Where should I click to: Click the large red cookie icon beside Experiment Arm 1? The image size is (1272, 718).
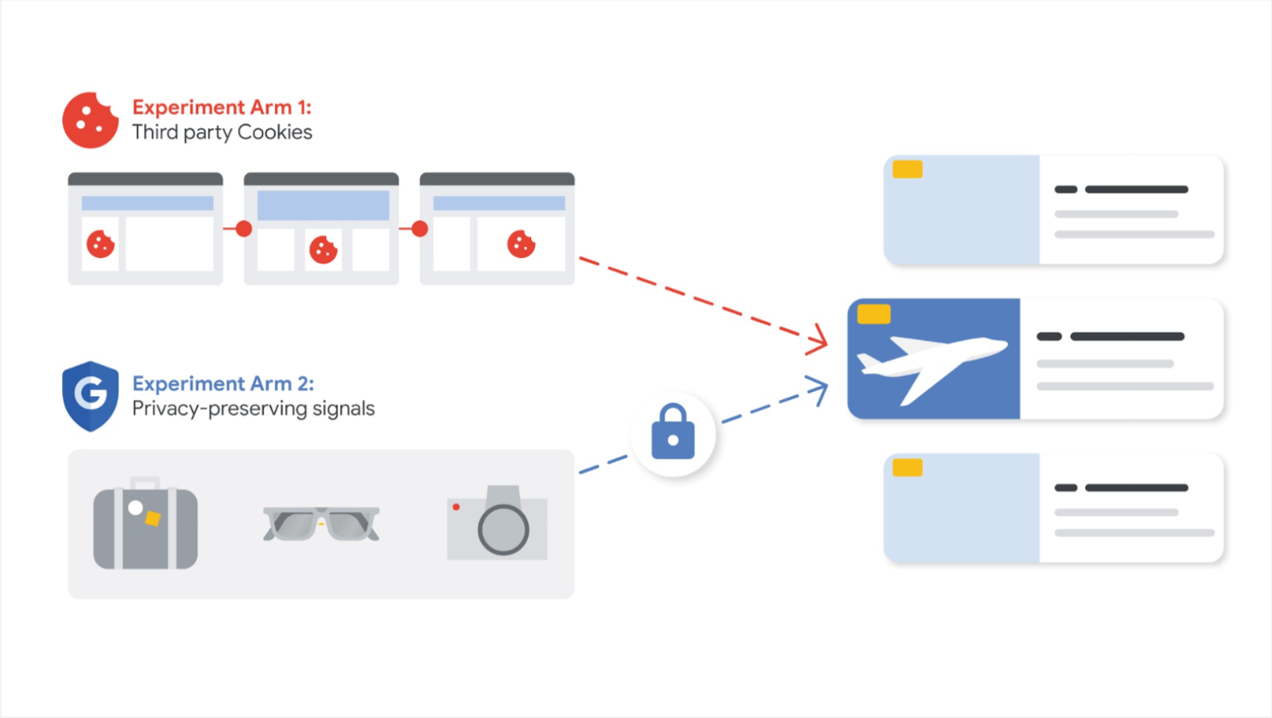pos(90,121)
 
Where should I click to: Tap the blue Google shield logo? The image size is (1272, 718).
pos(91,395)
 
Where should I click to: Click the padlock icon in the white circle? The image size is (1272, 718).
pos(673,433)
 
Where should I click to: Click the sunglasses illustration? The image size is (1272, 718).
pos(321,524)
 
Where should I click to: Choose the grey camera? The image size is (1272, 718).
pos(498,524)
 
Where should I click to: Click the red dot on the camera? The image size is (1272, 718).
pos(456,506)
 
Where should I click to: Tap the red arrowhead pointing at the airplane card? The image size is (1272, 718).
pos(818,340)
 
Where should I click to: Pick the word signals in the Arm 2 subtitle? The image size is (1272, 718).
pos(343,409)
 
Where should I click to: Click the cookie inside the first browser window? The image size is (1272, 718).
pos(101,244)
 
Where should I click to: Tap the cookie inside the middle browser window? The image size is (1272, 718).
pos(323,250)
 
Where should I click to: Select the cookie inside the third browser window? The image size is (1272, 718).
pos(521,244)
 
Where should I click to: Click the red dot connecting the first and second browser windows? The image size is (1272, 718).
pos(244,229)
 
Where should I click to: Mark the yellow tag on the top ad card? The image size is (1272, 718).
pos(907,169)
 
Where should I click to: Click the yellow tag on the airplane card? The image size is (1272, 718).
pos(874,314)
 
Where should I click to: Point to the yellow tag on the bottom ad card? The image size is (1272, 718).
pos(907,468)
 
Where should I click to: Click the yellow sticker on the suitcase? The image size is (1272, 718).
pos(153,518)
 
